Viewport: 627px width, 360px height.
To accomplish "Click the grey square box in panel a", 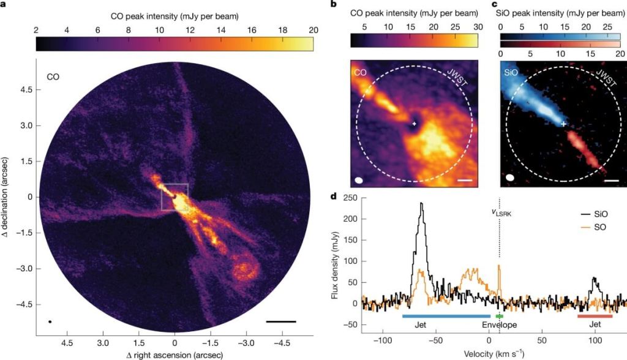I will pyautogui.click(x=175, y=197).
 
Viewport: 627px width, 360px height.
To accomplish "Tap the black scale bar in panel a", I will pyautogui.click(x=281, y=320).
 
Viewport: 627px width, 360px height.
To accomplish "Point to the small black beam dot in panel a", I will pyautogui.click(x=50, y=321).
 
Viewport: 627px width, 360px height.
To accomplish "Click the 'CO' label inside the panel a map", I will pyautogui.click(x=53, y=77).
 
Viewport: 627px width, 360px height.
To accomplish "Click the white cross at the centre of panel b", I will pyautogui.click(x=415, y=124).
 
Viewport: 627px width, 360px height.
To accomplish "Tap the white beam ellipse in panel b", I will pyautogui.click(x=359, y=180).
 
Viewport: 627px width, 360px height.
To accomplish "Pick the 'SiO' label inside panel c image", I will pyautogui.click(x=511, y=72).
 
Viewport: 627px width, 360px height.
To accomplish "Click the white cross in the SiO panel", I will pyautogui.click(x=564, y=124).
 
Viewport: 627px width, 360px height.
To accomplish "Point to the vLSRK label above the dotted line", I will pyautogui.click(x=501, y=212).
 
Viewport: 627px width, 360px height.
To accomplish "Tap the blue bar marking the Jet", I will pyautogui.click(x=446, y=316).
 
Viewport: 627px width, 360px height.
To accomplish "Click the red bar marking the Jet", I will pyautogui.click(x=595, y=316).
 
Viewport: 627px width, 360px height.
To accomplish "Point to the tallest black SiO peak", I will pyautogui.click(x=421, y=204).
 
